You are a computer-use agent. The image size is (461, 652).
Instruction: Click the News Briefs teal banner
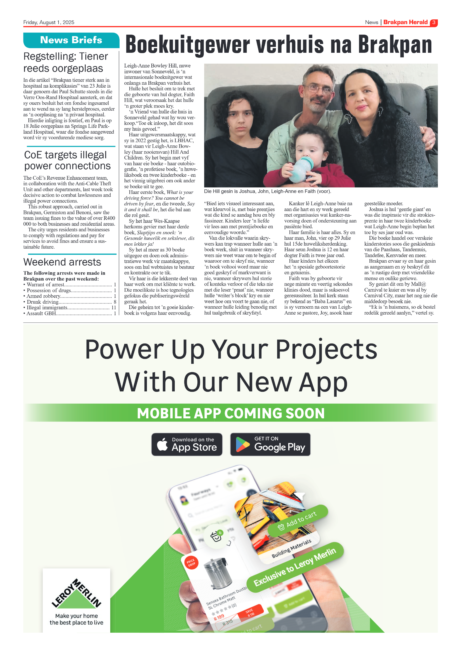coord(71,40)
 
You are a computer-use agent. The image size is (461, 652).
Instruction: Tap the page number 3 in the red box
coord(433,23)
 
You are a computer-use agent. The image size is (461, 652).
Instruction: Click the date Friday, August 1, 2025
coord(49,22)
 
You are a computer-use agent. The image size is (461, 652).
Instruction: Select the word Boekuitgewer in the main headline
coord(188,45)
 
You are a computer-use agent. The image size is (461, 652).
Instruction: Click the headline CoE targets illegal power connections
coord(67,160)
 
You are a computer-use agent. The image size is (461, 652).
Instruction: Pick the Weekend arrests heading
coord(62,262)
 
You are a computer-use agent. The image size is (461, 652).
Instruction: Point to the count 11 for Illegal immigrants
coord(114,308)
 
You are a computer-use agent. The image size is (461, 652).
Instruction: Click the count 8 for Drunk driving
coord(115,302)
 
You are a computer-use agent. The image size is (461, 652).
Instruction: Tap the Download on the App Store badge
coord(187,444)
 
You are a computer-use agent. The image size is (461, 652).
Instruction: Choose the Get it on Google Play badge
coord(270,444)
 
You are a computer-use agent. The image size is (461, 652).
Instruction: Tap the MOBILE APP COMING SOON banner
coord(230,413)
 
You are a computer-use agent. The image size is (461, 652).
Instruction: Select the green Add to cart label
coord(298,519)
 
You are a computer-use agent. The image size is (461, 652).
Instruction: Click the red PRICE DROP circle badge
coord(191,563)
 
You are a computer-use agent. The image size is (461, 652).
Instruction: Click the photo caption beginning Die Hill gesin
coord(267,191)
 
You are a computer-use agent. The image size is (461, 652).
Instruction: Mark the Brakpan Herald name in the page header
coord(405,22)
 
